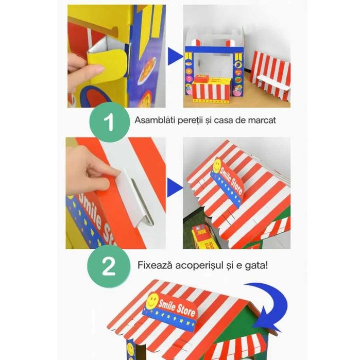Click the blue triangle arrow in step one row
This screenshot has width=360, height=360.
click(176, 56)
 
